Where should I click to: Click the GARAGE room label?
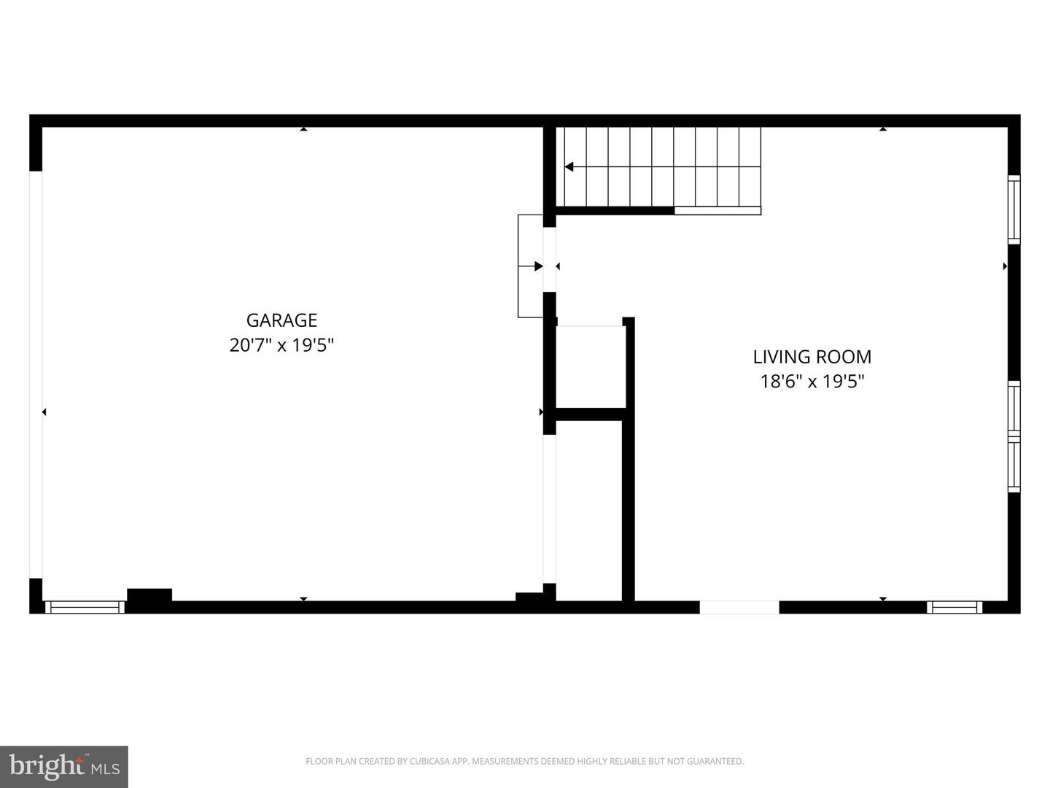pyautogui.click(x=281, y=320)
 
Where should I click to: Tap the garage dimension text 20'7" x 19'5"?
pyautogui.click(x=281, y=345)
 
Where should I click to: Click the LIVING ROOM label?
pyautogui.click(x=812, y=357)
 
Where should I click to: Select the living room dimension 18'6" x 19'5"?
pyautogui.click(x=812, y=382)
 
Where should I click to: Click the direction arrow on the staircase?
pyautogui.click(x=569, y=167)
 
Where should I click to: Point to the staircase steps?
pyautogui.click(x=660, y=167)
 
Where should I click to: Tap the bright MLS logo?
pyautogui.click(x=64, y=766)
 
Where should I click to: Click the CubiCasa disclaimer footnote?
pyautogui.click(x=524, y=762)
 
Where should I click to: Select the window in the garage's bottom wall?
pyautogui.click(x=85, y=607)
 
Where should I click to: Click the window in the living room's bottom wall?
pyautogui.click(x=954, y=607)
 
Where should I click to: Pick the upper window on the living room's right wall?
pyautogui.click(x=1014, y=209)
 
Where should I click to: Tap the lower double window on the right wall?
pyautogui.click(x=1014, y=436)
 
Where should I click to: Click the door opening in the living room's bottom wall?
pyautogui.click(x=739, y=607)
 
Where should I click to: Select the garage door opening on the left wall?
pyautogui.click(x=36, y=374)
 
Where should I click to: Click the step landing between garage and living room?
pyautogui.click(x=530, y=266)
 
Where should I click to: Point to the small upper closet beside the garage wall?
pyautogui.click(x=590, y=366)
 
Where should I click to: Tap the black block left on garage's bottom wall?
pyautogui.click(x=149, y=595)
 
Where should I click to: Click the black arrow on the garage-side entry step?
pyautogui.click(x=539, y=266)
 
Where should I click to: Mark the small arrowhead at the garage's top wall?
pyautogui.click(x=303, y=129)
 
